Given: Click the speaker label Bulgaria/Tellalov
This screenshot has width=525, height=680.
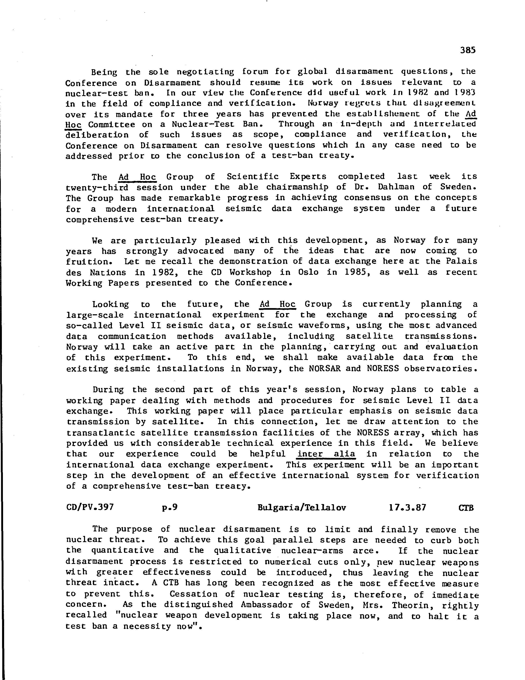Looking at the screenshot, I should (x=301, y=508).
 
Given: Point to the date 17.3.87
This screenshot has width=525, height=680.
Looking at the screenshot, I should (x=407, y=508).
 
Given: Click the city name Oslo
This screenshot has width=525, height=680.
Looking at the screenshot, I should (x=308, y=272).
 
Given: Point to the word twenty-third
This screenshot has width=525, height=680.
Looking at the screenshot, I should (x=97, y=187).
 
